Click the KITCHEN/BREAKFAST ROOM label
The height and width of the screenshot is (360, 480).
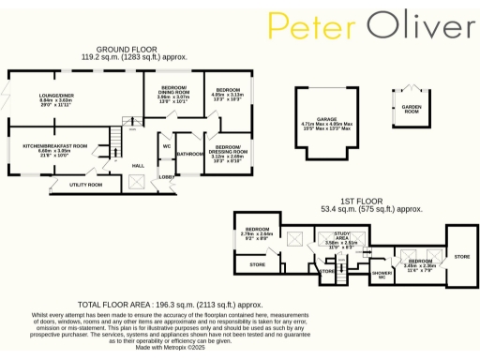(x=55, y=145)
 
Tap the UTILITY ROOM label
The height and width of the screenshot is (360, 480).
(x=86, y=185)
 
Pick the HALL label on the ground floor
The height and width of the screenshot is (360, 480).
(x=138, y=166)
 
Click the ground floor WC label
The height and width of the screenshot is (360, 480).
(x=165, y=146)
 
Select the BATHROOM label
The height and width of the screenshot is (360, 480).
(x=190, y=153)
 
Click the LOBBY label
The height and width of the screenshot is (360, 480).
(x=166, y=175)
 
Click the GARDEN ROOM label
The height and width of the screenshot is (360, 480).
(x=410, y=108)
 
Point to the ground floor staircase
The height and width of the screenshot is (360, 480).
(x=113, y=145)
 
